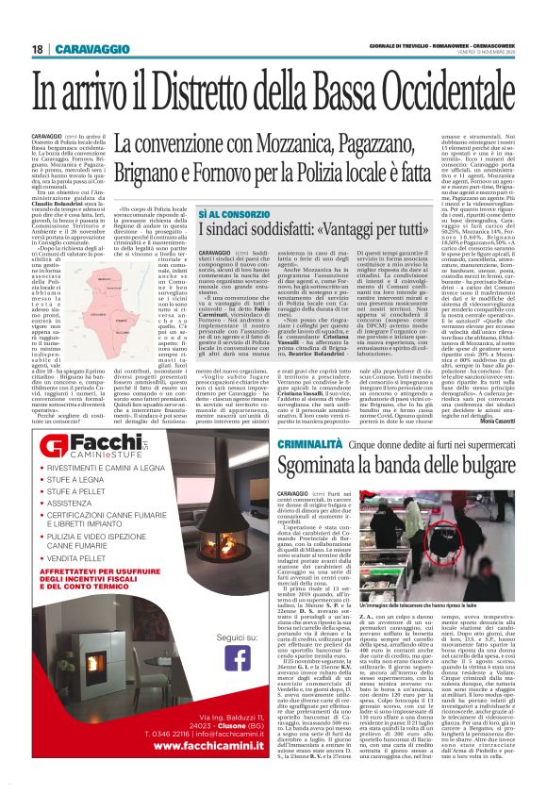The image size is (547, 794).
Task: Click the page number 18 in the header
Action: (x=37, y=48)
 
